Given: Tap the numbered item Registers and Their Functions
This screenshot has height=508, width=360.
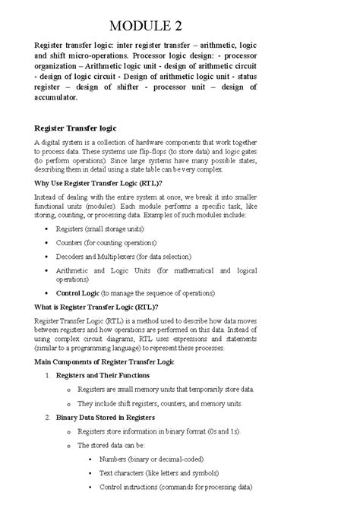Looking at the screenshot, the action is tap(108, 375).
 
